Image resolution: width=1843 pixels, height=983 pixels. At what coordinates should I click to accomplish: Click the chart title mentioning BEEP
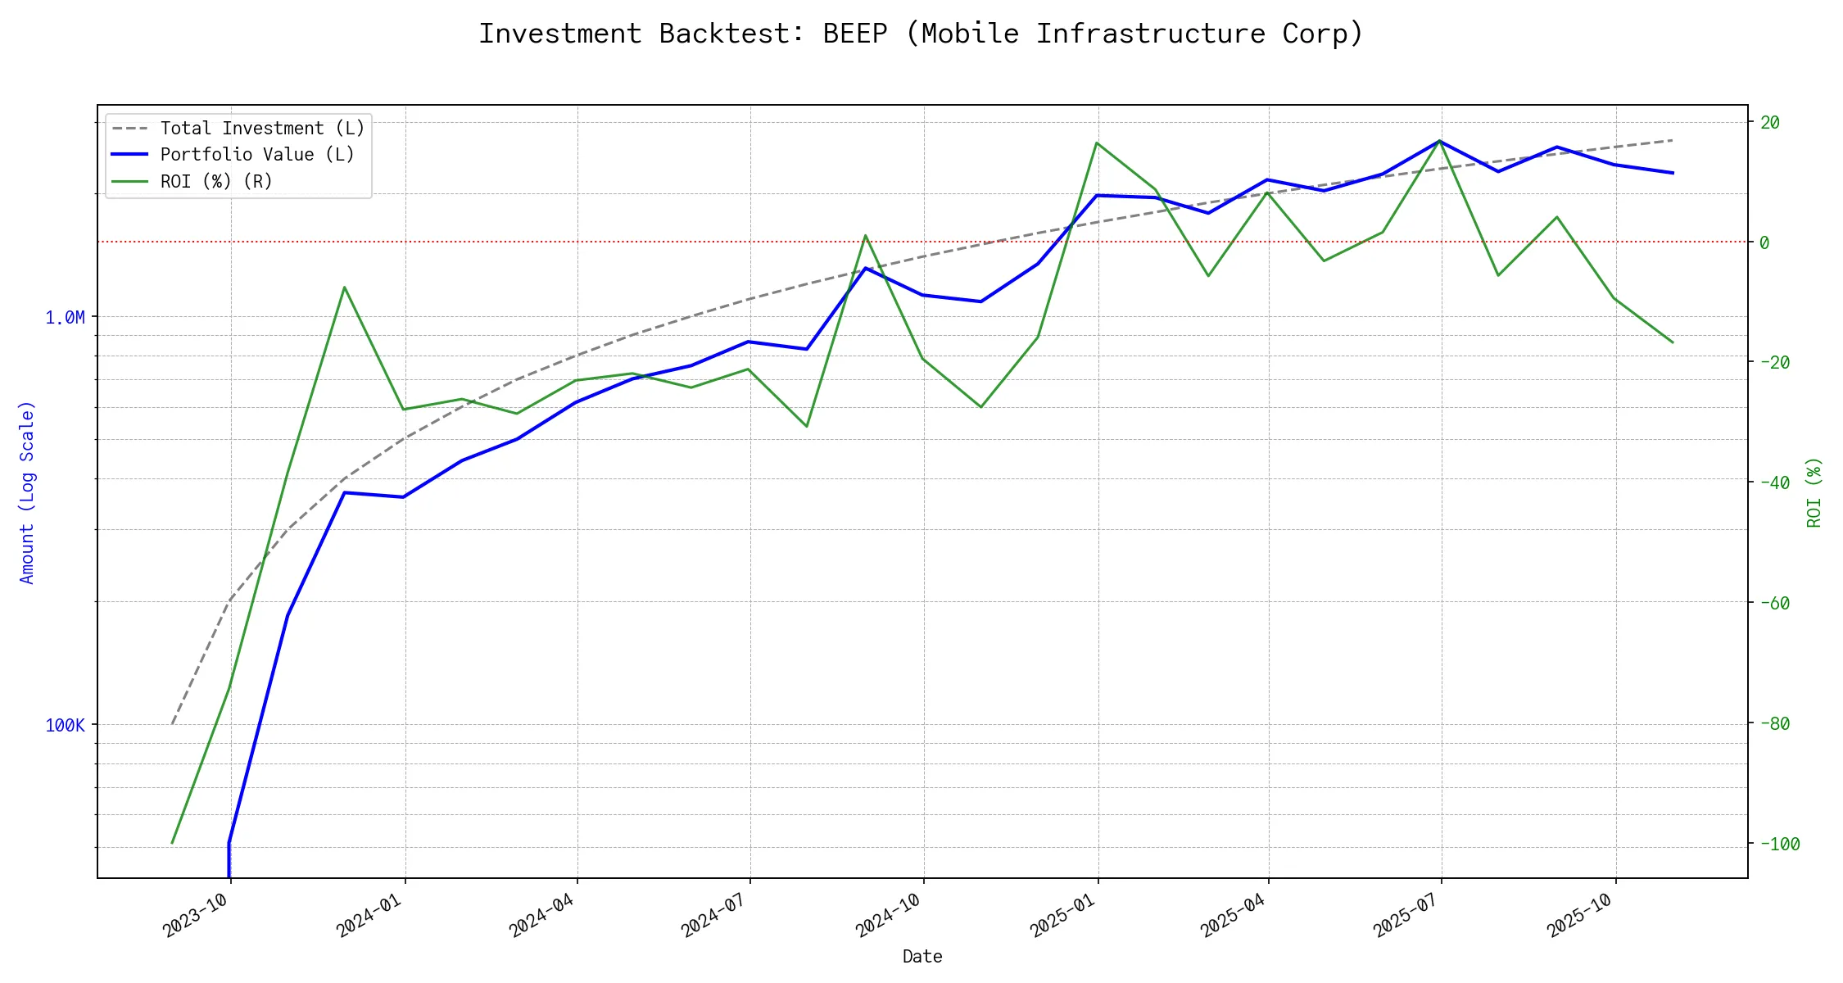click(x=921, y=34)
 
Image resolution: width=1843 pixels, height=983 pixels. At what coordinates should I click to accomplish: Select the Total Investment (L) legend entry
click(x=261, y=129)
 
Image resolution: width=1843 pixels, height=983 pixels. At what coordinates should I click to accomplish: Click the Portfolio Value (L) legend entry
click(x=256, y=155)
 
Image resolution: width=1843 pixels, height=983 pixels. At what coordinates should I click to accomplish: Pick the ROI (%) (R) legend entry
click(x=215, y=181)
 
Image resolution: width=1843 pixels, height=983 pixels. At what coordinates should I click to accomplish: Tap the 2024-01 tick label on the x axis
click(x=369, y=915)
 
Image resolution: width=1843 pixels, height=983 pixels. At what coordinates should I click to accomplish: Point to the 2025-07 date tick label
click(x=1406, y=915)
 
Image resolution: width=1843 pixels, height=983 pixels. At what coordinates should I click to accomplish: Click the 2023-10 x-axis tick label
click(x=196, y=915)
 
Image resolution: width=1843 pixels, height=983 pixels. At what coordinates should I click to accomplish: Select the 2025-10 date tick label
click(x=1580, y=915)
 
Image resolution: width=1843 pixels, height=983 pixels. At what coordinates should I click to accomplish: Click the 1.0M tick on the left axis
click(x=65, y=317)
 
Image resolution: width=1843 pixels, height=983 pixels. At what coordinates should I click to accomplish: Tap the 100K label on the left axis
click(x=65, y=725)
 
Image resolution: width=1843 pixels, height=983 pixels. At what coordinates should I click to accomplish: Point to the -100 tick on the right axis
click(x=1778, y=844)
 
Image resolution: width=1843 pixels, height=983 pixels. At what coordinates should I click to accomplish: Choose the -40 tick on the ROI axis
click(x=1773, y=482)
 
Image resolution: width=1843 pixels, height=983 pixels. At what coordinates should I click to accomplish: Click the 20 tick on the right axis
click(x=1769, y=122)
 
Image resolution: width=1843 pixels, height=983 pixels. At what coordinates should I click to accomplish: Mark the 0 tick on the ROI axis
click(x=1764, y=242)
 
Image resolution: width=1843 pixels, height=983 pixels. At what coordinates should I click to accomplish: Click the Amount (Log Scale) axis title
click(x=27, y=491)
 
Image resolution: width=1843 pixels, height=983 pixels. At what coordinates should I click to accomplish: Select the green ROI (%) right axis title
click(x=1814, y=491)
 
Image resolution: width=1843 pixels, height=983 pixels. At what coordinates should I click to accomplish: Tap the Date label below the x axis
click(x=922, y=956)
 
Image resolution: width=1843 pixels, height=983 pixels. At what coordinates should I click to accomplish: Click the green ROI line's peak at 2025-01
click(x=1097, y=143)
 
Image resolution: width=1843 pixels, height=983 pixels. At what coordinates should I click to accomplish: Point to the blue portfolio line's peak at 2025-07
click(x=1440, y=141)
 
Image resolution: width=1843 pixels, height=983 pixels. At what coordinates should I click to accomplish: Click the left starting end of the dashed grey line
click(x=172, y=724)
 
